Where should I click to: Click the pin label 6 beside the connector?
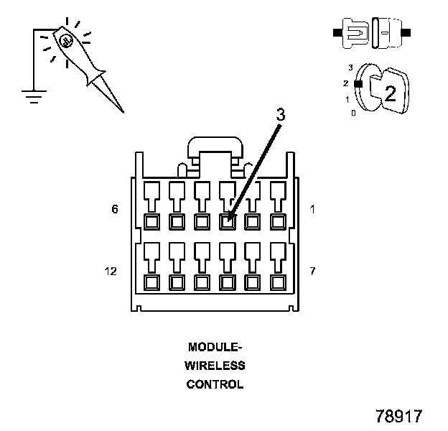(x=114, y=210)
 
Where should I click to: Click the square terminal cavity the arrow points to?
(x=227, y=221)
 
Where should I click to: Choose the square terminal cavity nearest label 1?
(x=276, y=221)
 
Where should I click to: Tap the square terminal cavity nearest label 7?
(x=276, y=282)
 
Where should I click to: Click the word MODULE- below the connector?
(x=215, y=347)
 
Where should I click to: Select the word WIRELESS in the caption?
(x=215, y=366)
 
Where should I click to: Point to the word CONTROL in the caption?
(x=215, y=384)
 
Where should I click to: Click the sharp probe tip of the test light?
(x=121, y=111)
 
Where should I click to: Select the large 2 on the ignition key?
(x=390, y=93)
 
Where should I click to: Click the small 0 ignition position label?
(x=353, y=113)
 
